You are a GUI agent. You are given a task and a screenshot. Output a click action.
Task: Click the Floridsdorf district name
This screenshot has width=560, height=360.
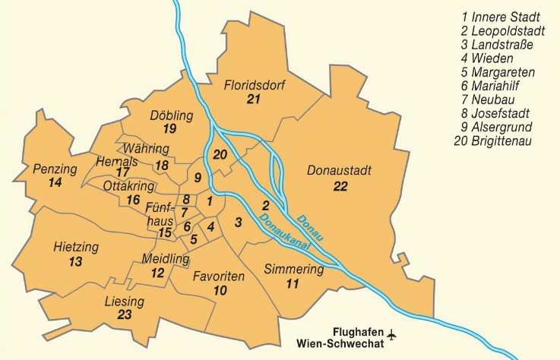(x=254, y=85)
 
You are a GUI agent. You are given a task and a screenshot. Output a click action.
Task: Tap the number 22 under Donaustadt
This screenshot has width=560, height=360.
(x=339, y=185)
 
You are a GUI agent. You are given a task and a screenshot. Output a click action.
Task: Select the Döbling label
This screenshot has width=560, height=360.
(x=171, y=115)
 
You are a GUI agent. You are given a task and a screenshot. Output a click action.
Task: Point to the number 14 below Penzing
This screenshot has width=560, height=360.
(x=55, y=183)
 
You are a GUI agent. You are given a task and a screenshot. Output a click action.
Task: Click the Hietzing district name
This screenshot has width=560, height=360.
(x=76, y=248)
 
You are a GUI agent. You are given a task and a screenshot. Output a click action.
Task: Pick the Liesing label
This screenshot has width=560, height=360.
(x=124, y=302)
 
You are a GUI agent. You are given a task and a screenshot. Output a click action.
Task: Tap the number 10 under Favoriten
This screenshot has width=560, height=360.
(x=220, y=291)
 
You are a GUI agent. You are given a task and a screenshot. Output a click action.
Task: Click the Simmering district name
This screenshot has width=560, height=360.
(x=293, y=270)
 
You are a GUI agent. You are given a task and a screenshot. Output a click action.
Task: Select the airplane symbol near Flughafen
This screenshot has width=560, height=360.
(x=392, y=333)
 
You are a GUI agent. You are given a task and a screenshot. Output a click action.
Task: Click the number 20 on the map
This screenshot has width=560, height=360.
(x=220, y=155)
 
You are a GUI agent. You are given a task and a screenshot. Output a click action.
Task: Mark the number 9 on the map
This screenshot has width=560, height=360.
(x=197, y=178)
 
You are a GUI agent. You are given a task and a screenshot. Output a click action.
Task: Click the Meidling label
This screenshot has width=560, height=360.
(x=165, y=259)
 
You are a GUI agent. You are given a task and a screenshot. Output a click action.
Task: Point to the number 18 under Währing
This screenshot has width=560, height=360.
(x=161, y=165)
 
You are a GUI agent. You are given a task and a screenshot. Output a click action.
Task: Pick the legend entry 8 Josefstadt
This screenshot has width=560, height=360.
(x=502, y=113)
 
